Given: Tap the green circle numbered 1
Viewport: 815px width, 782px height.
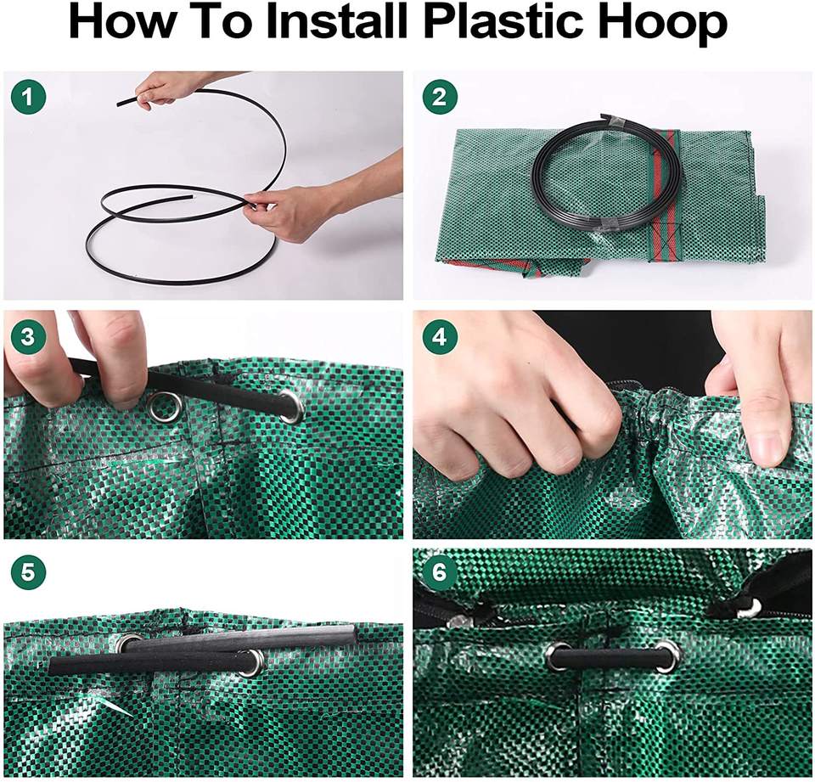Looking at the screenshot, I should tap(28, 97).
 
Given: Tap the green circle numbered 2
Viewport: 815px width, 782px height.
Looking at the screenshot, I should tap(439, 97).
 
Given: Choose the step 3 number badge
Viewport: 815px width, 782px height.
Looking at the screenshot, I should tap(28, 336).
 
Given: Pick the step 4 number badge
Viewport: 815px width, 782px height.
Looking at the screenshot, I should tap(439, 336).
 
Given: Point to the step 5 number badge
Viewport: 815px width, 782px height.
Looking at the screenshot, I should tap(28, 573).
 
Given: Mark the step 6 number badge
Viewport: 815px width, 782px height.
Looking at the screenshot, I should tap(439, 573).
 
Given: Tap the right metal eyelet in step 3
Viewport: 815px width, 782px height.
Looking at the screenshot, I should tap(292, 408).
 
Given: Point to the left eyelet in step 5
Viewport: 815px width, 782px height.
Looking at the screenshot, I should tap(130, 643).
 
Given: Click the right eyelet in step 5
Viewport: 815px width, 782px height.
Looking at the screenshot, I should tap(251, 662).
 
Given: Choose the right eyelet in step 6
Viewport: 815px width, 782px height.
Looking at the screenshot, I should tap(667, 655).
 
